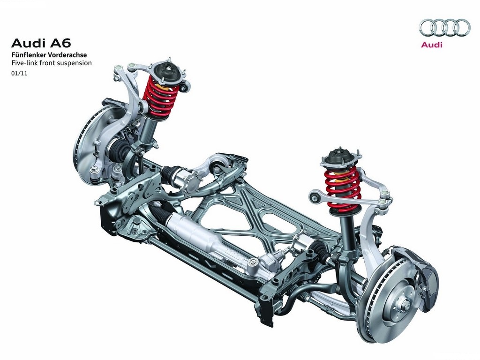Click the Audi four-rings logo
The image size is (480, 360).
(444, 27)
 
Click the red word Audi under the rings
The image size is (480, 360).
(432, 45)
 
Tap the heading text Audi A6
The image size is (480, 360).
(41, 43)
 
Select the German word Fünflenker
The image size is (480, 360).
(27, 55)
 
